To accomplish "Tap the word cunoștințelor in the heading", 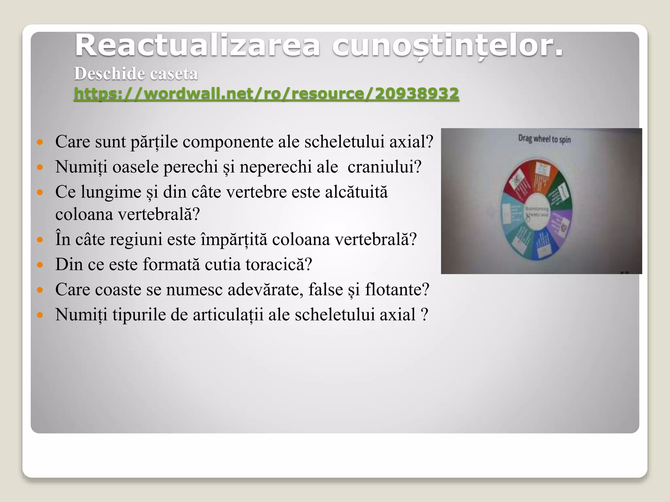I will [x=447, y=46].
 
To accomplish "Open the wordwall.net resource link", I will [x=266, y=94].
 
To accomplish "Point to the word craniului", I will [x=384, y=167].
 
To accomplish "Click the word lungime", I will [x=111, y=192].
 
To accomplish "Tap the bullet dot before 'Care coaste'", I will [x=40, y=290].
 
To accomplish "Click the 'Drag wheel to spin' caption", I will [x=544, y=139].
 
